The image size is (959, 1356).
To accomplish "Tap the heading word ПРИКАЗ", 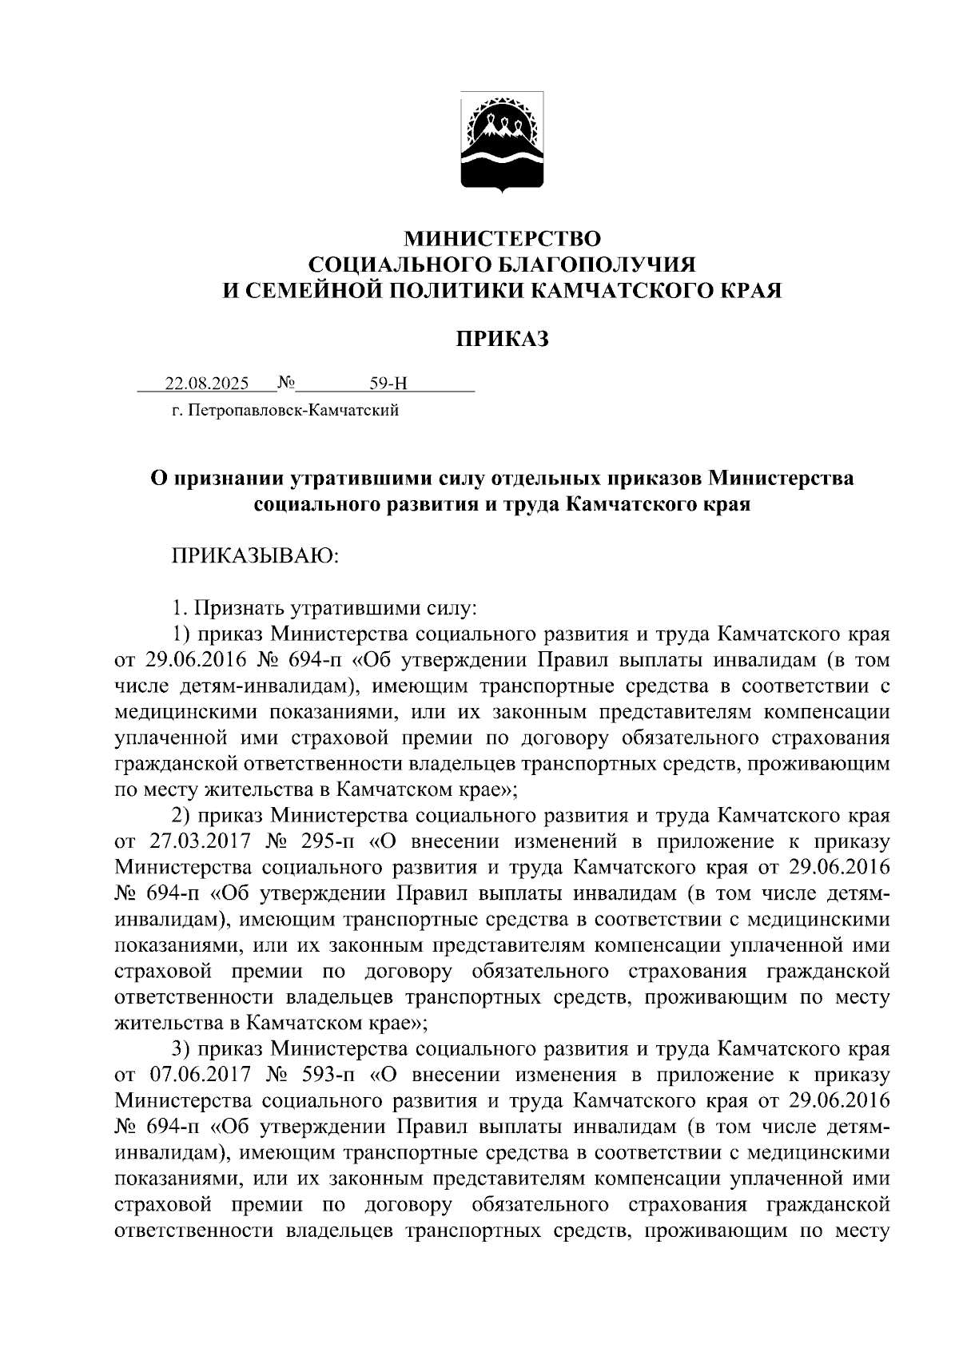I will pos(502,340).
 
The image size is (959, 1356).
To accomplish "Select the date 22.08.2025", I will pos(207,384).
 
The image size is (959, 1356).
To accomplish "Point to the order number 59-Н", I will pos(388,384).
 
